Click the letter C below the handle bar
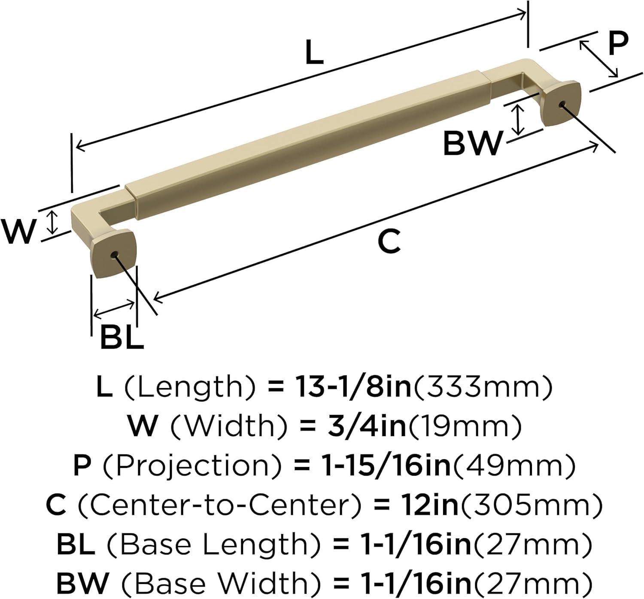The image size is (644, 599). click(x=389, y=241)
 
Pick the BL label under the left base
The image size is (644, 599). click(x=122, y=337)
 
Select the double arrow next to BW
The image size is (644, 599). click(x=519, y=120)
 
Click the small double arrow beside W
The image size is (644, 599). click(x=52, y=222)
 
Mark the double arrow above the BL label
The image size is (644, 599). click(x=114, y=309)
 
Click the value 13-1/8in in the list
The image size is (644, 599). click(x=352, y=387)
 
